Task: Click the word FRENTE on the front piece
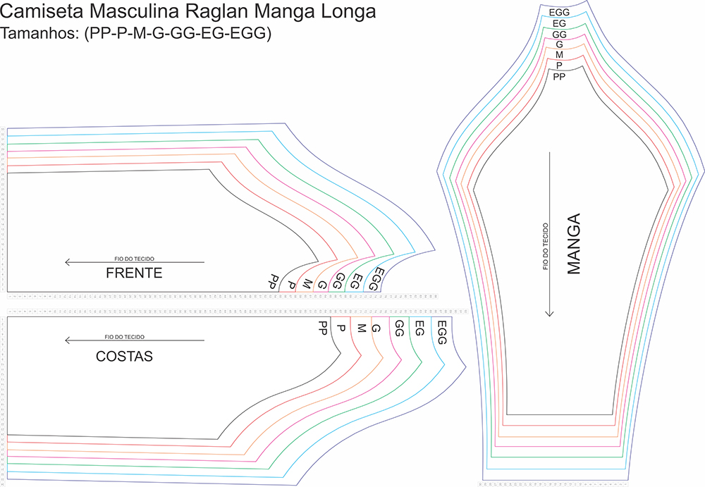tap(134, 273)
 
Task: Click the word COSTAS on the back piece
tap(124, 357)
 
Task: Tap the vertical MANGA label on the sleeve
tap(575, 243)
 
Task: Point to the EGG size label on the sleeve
tap(559, 12)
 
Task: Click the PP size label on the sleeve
tap(559, 76)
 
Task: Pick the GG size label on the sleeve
tap(559, 34)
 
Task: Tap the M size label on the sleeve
tap(559, 55)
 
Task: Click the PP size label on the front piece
tap(272, 281)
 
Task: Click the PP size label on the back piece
tap(323, 327)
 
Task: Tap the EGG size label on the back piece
tap(442, 332)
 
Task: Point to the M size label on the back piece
tap(361, 328)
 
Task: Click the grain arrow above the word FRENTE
tap(134, 262)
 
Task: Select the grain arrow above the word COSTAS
tap(134, 340)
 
